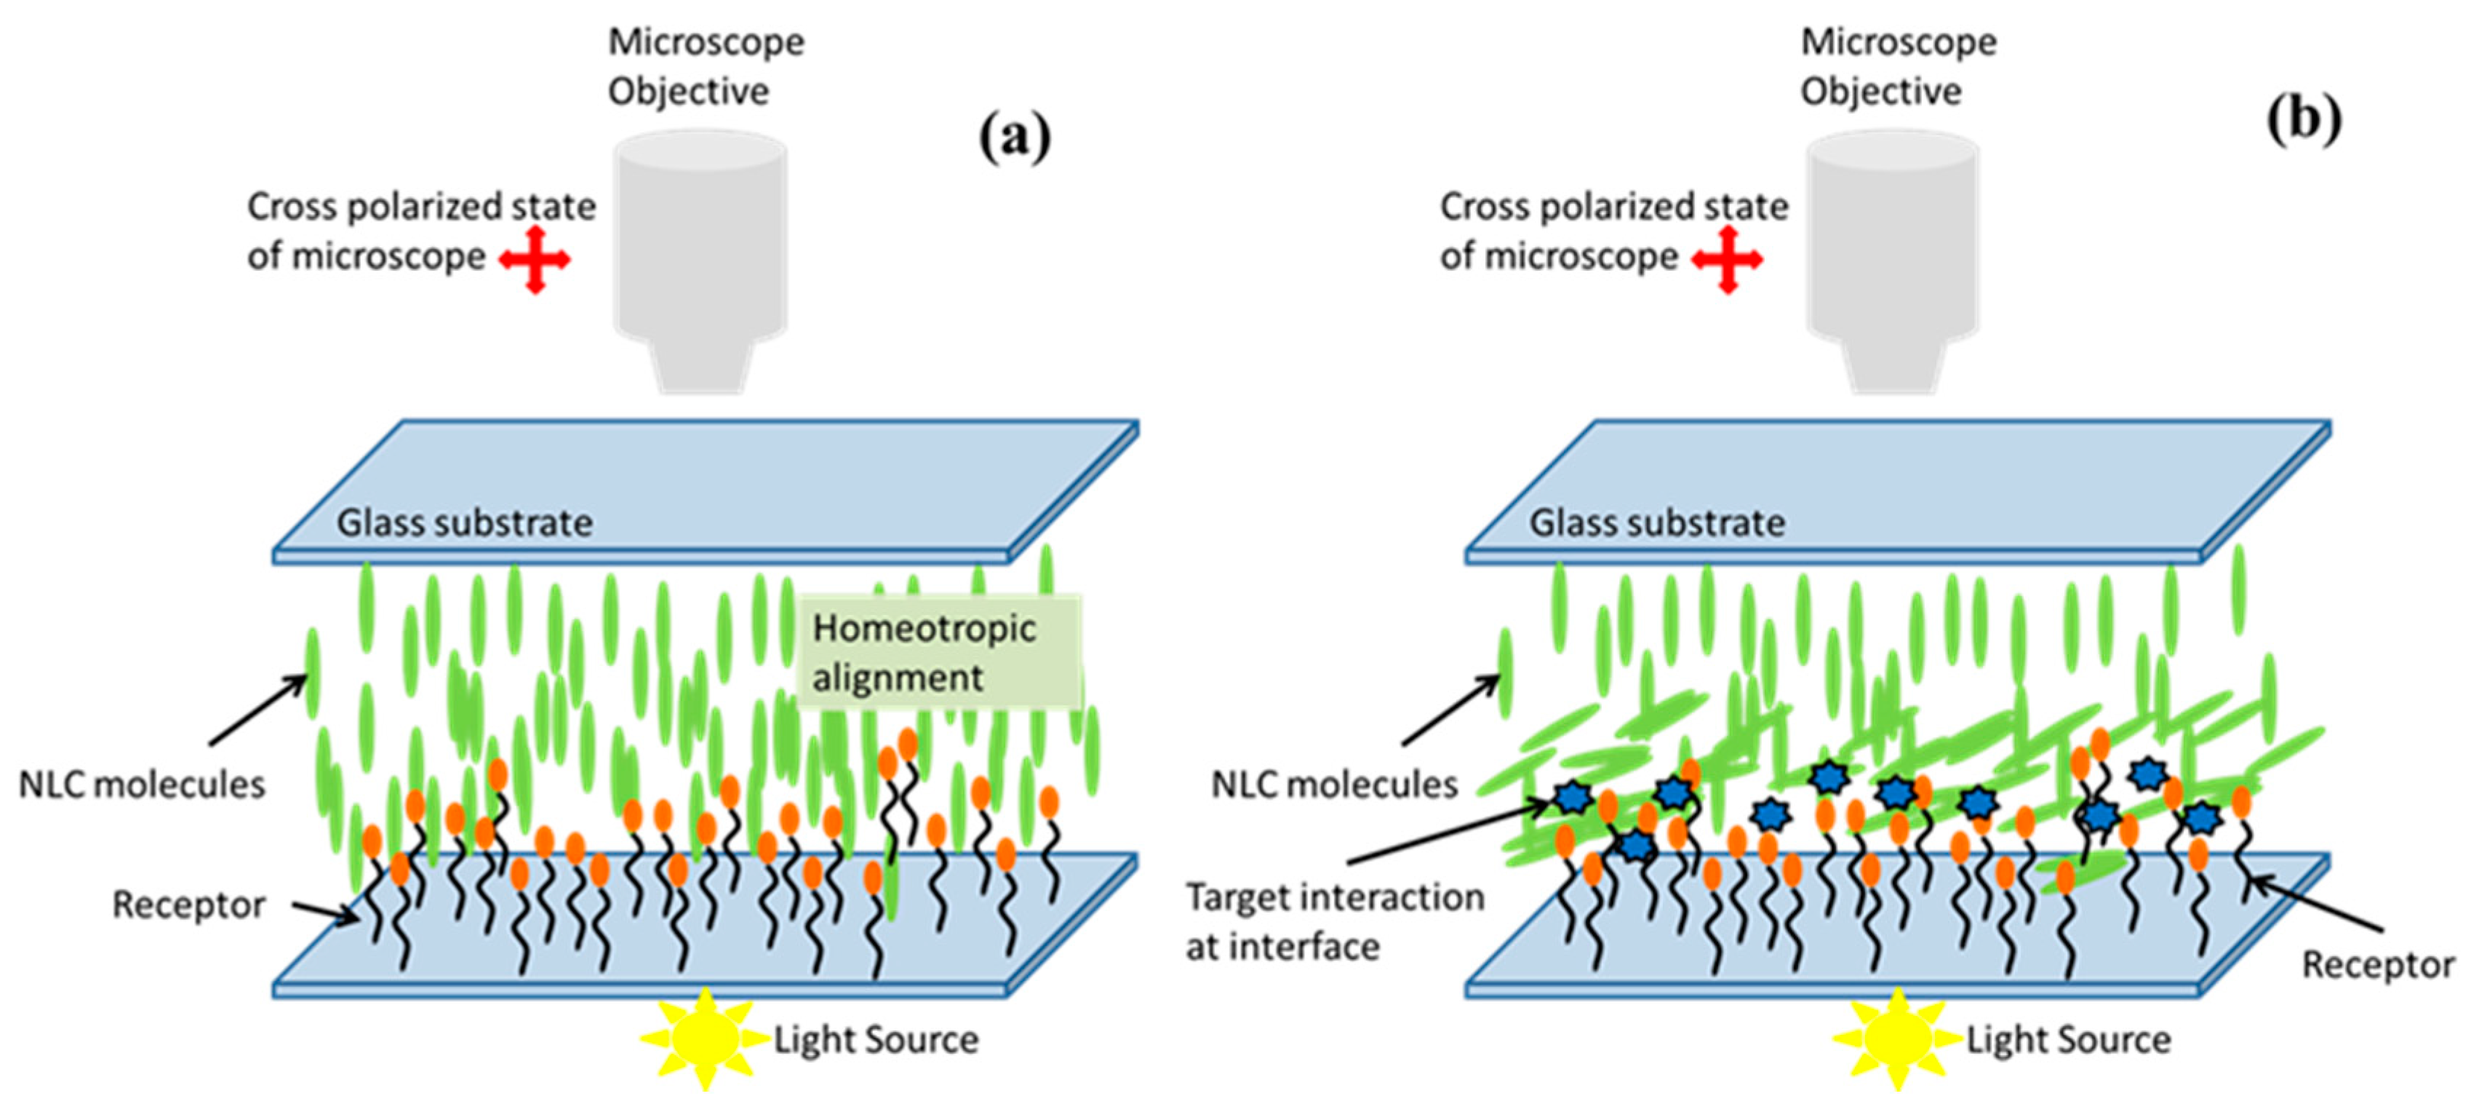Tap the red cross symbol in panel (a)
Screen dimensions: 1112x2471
click(535, 259)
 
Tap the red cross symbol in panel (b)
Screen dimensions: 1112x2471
click(1727, 259)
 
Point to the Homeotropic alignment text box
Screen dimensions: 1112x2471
click(938, 652)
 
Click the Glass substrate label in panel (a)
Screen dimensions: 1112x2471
click(464, 523)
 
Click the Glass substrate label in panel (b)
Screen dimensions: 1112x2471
click(1656, 523)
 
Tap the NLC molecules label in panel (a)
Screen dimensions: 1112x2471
click(141, 785)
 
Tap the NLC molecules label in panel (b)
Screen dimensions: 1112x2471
click(1333, 785)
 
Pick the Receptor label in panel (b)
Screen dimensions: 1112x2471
click(2377, 964)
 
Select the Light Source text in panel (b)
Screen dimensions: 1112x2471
click(2068, 1040)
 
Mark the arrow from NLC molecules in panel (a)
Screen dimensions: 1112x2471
click(257, 711)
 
